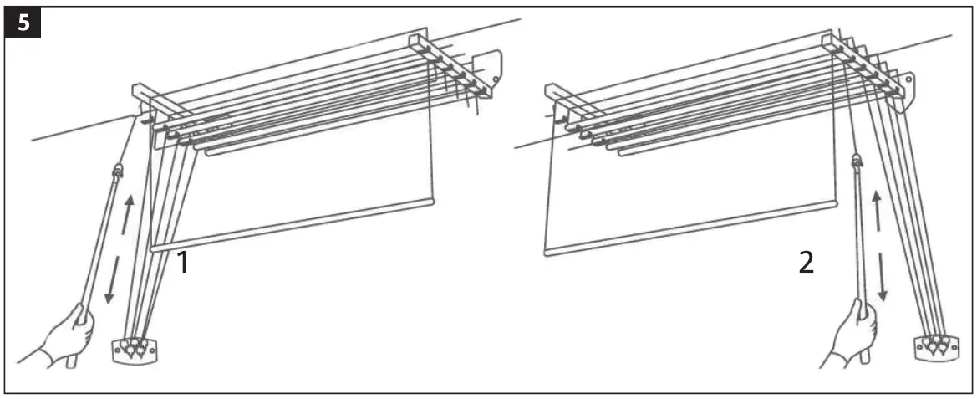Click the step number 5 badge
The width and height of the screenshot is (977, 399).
pos(23,22)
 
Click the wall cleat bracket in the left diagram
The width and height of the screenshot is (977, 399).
pos(134,349)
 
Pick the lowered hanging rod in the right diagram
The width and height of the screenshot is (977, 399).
pos(689,228)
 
